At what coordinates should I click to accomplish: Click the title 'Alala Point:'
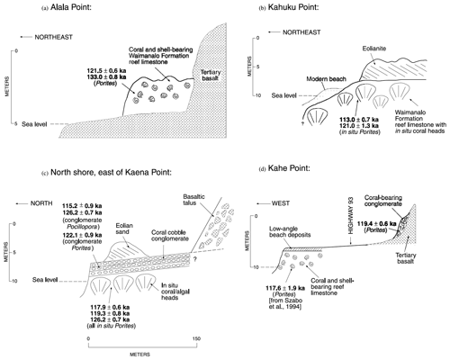[71, 7]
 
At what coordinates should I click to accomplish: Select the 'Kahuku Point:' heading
[293, 7]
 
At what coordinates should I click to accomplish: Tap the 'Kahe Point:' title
[289, 168]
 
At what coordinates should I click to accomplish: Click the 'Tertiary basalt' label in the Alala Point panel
[211, 75]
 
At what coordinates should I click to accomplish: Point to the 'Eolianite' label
[373, 49]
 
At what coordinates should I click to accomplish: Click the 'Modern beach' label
[326, 79]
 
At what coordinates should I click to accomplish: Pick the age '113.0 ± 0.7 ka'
[359, 120]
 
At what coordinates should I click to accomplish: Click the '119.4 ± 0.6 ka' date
[376, 224]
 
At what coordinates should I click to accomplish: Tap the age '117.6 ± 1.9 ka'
[285, 288]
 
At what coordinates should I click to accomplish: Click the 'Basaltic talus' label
[193, 200]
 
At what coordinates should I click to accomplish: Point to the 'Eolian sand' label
[124, 229]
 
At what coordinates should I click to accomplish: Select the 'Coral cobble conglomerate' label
[170, 236]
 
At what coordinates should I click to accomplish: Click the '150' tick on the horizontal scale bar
[196, 338]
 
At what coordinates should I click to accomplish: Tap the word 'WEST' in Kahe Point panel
[281, 203]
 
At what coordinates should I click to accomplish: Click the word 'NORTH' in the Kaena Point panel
[41, 203]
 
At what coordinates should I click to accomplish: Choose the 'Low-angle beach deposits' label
[290, 231]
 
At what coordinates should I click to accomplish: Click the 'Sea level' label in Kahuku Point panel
[283, 95]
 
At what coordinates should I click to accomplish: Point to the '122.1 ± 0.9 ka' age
[82, 235]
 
